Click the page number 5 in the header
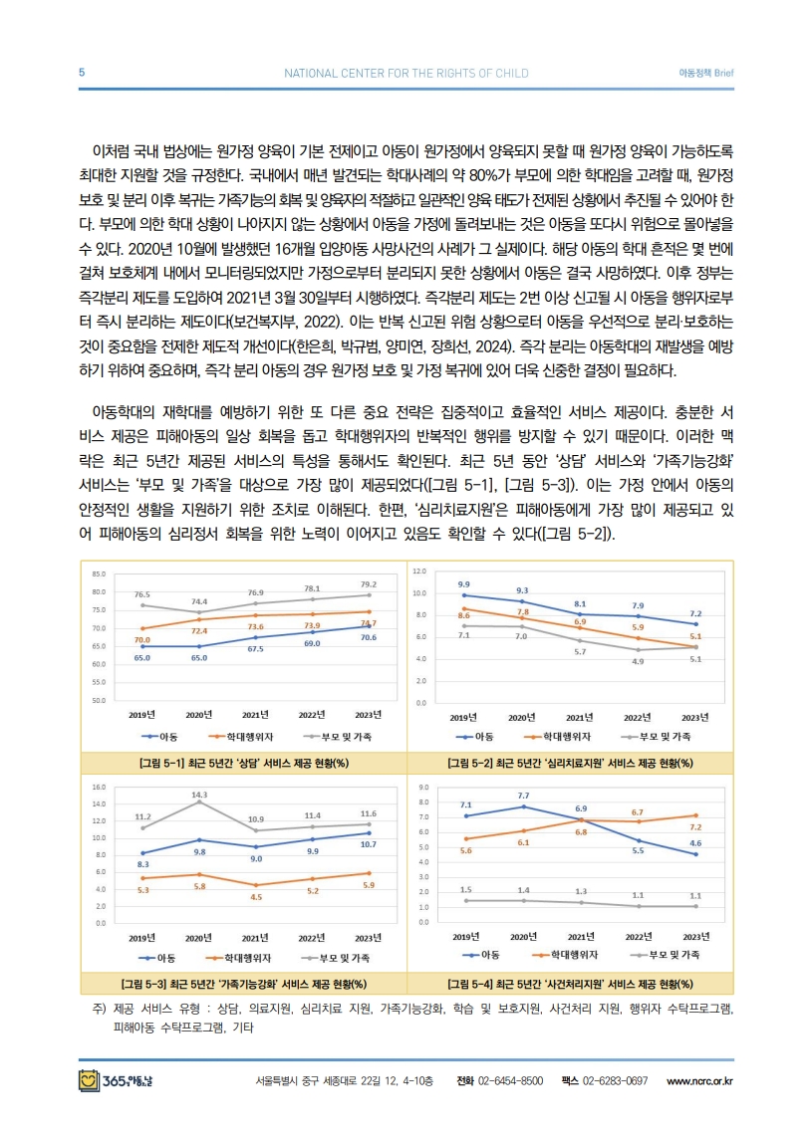[82, 73]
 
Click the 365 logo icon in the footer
[89, 1080]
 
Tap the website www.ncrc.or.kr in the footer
[699, 1080]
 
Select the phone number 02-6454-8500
[510, 1080]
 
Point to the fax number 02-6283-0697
[615, 1080]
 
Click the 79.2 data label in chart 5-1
[369, 584]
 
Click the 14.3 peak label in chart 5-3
[199, 795]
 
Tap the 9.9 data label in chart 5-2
[464, 584]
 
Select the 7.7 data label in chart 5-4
[523, 796]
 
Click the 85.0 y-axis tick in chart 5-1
[99, 574]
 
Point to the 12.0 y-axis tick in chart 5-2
[419, 572]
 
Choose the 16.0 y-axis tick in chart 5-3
[99, 788]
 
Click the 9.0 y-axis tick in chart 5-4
[423, 788]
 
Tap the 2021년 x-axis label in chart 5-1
[255, 715]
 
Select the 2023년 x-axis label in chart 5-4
[695, 937]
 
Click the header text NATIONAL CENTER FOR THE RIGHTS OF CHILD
[405, 73]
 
